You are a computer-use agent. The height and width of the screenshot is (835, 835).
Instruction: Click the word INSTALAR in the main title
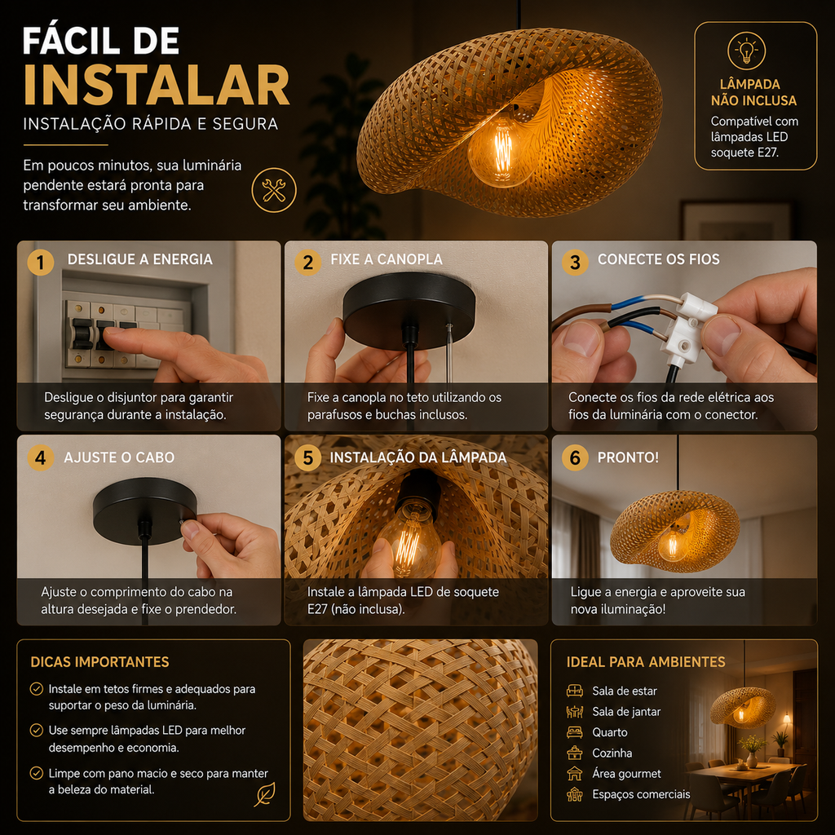pyautogui.click(x=157, y=86)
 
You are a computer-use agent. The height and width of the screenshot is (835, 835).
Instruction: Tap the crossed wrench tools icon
pyautogui.click(x=274, y=190)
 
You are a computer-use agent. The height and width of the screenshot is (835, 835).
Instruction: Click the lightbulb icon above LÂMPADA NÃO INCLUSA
pyautogui.click(x=747, y=51)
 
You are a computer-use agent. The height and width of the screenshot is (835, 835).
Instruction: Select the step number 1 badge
pyautogui.click(x=41, y=263)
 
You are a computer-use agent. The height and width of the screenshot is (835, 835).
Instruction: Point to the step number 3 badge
pyautogui.click(x=575, y=263)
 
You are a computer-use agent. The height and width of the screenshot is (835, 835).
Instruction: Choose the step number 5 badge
pyautogui.click(x=307, y=457)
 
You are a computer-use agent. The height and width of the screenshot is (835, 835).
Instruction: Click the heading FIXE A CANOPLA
pyautogui.click(x=387, y=259)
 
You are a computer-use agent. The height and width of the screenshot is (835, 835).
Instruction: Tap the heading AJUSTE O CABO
pyautogui.click(x=119, y=457)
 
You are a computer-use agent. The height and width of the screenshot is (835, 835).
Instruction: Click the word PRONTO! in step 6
pyautogui.click(x=628, y=457)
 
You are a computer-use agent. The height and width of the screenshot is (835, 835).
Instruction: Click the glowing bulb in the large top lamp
pyautogui.click(x=497, y=152)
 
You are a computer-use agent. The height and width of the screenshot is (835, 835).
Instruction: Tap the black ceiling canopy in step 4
pyautogui.click(x=145, y=510)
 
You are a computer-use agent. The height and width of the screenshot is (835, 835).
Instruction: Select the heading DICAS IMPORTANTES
pyautogui.click(x=99, y=662)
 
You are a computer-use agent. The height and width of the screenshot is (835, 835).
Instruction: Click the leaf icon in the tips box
pyautogui.click(x=265, y=794)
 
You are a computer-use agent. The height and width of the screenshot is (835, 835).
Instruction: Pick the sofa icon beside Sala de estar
pyautogui.click(x=575, y=691)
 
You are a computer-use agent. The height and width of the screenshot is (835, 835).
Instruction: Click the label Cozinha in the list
pyautogui.click(x=612, y=753)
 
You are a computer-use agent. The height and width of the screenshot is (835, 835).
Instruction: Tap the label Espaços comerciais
pyautogui.click(x=641, y=794)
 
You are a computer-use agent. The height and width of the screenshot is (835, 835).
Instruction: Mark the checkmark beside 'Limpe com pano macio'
pyautogui.click(x=36, y=773)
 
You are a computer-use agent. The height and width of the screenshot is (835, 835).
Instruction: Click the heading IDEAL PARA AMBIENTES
pyautogui.click(x=646, y=662)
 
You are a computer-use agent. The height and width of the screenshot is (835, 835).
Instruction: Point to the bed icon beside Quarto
pyautogui.click(x=575, y=732)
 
